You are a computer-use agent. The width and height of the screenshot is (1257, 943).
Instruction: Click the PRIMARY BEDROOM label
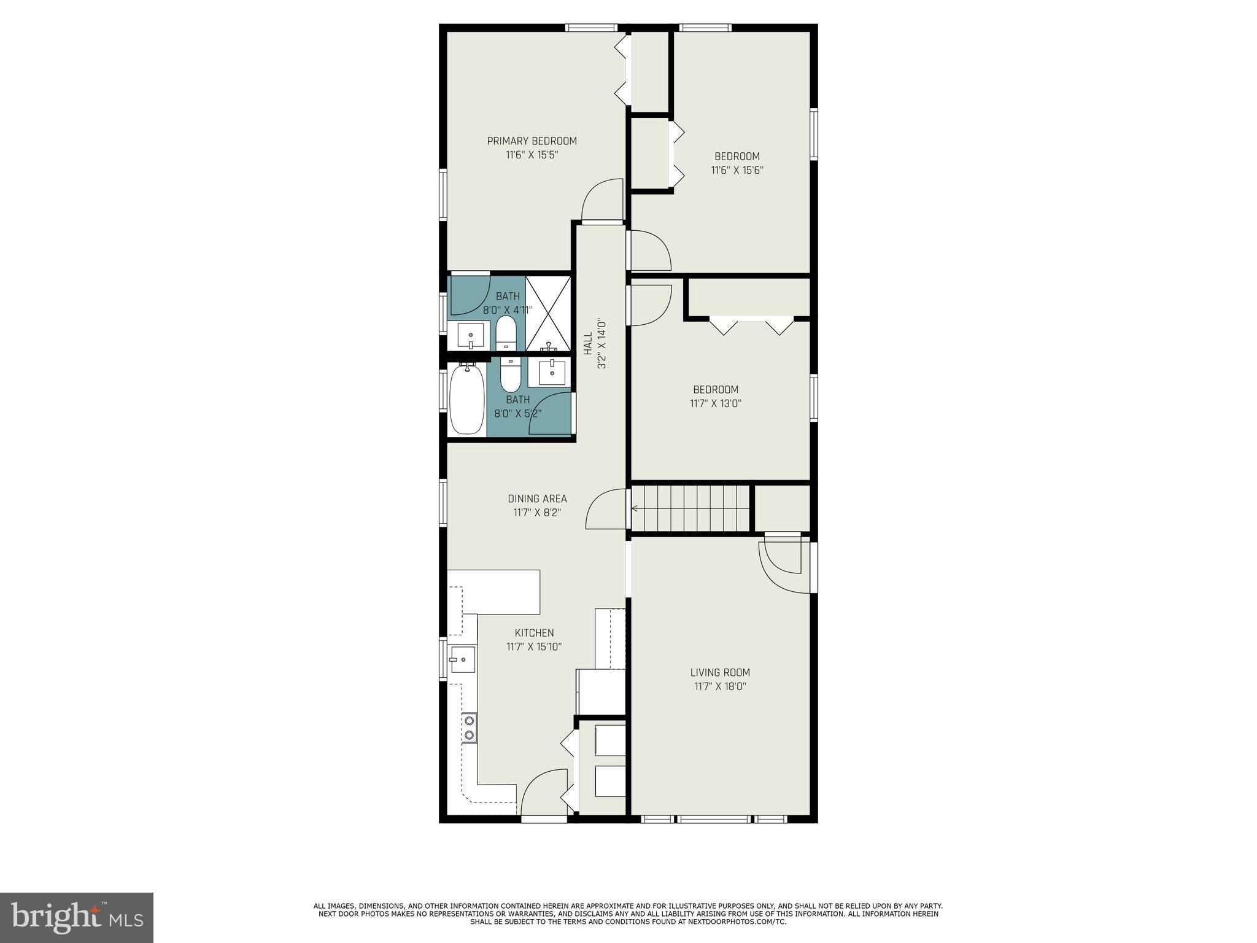pyautogui.click(x=532, y=141)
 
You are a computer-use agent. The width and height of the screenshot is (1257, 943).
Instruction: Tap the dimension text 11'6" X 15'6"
pyautogui.click(x=737, y=171)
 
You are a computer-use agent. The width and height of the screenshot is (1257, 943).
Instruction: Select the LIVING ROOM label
pyautogui.click(x=720, y=672)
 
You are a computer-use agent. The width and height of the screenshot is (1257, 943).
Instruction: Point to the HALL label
pyautogui.click(x=588, y=344)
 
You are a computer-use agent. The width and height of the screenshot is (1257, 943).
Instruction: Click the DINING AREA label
pyautogui.click(x=537, y=499)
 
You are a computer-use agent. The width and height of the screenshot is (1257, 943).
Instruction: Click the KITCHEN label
pyautogui.click(x=534, y=632)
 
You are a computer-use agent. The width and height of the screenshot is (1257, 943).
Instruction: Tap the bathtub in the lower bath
pyautogui.click(x=467, y=399)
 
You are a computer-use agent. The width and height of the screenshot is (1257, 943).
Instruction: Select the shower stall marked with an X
pyautogui.click(x=548, y=314)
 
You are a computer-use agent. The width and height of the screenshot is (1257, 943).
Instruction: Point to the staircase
pyautogui.click(x=690, y=508)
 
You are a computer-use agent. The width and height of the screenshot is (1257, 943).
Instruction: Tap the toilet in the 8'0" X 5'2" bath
pyautogui.click(x=509, y=375)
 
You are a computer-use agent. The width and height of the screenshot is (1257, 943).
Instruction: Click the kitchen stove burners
pyautogui.click(x=469, y=728)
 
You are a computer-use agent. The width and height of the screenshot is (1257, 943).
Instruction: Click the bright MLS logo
pyautogui.click(x=76, y=917)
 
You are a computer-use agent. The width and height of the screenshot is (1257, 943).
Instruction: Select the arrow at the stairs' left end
pyautogui.click(x=635, y=508)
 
